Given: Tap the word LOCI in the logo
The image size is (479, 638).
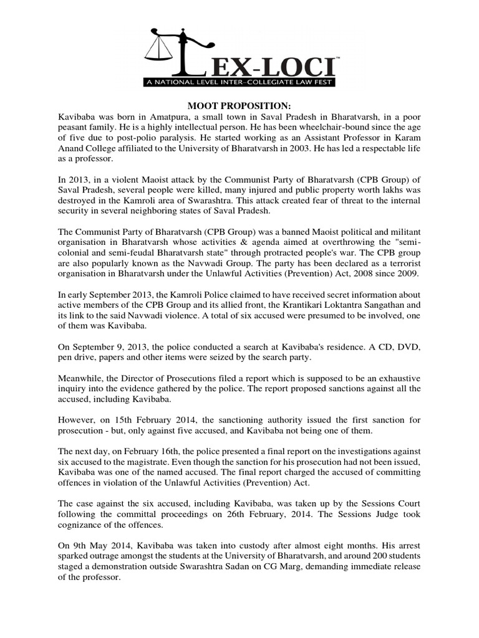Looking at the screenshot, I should (x=304, y=64).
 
